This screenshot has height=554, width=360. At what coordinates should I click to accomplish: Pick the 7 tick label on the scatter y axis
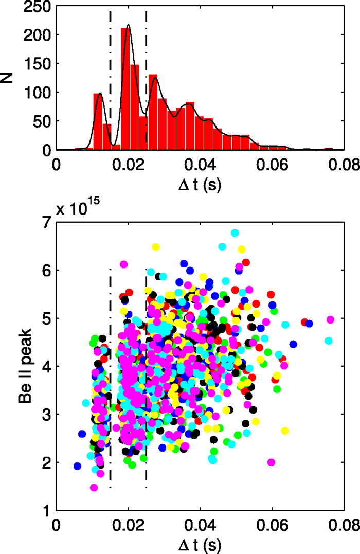point(46,222)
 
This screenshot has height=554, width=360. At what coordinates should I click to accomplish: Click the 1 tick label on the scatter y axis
point(46,511)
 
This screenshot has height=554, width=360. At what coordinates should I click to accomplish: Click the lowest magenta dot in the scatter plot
point(94,487)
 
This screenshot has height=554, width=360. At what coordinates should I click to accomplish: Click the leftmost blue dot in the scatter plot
point(77,466)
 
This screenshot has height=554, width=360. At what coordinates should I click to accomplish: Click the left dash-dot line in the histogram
point(111,77)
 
